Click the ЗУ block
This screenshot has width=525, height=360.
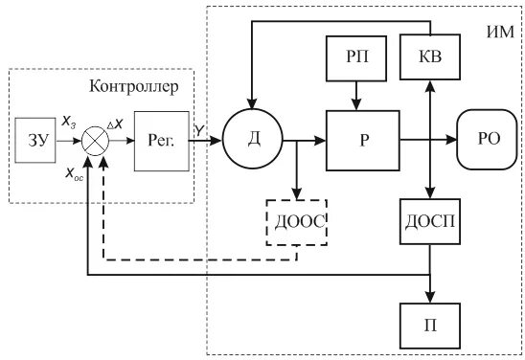(x=34, y=140)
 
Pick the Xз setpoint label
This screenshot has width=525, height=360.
(x=69, y=124)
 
